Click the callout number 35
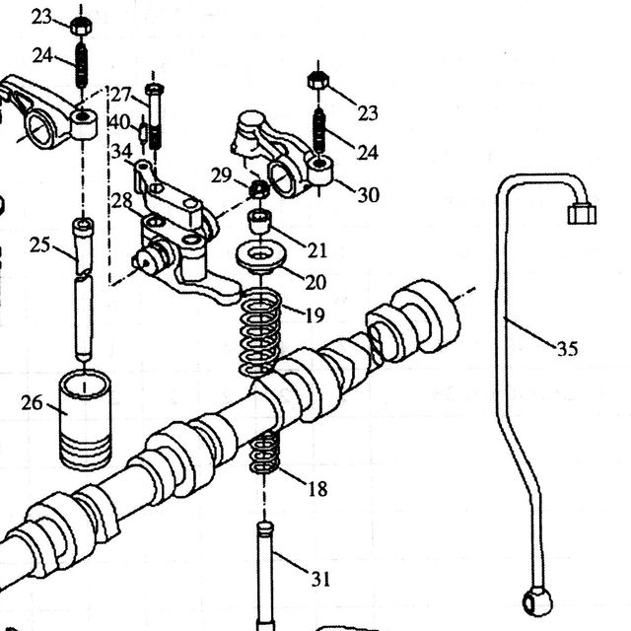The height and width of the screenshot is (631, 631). click(x=568, y=348)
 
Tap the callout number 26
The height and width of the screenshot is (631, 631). click(x=32, y=403)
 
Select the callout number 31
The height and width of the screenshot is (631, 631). click(x=320, y=580)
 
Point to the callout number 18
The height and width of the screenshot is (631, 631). click(x=317, y=489)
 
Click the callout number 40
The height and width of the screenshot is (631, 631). click(x=119, y=122)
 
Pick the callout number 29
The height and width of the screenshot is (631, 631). click(x=221, y=175)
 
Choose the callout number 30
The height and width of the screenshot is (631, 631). click(x=369, y=195)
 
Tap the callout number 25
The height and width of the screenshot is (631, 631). click(x=40, y=245)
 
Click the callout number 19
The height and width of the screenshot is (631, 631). click(x=315, y=315)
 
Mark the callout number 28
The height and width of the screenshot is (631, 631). click(x=121, y=200)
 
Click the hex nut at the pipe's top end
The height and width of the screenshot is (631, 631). click(x=582, y=213)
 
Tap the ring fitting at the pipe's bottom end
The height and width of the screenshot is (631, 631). click(x=537, y=602)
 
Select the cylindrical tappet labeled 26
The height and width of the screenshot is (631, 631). click(x=85, y=419)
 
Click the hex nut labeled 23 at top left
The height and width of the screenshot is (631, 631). click(x=81, y=27)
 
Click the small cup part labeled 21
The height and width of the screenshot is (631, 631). click(x=260, y=221)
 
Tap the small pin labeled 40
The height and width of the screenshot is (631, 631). click(x=143, y=132)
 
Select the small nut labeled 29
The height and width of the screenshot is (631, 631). click(x=259, y=188)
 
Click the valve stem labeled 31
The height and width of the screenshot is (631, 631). click(x=265, y=576)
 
